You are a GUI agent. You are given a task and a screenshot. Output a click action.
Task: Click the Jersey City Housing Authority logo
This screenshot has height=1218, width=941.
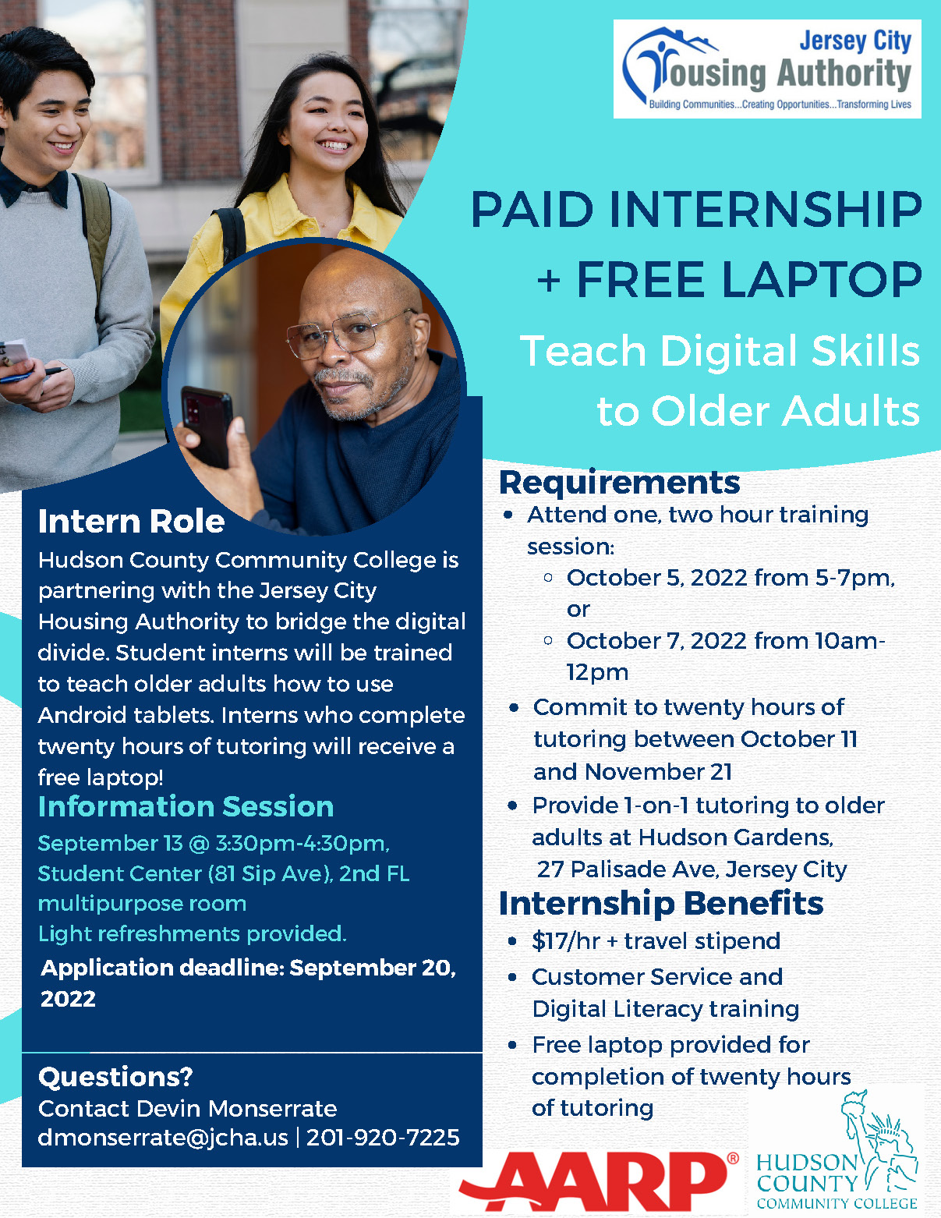coord(766,69)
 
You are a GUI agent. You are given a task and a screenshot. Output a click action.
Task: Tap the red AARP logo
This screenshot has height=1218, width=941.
coord(599,1181)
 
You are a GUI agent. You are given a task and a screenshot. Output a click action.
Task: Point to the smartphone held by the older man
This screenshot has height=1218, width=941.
coord(207,426)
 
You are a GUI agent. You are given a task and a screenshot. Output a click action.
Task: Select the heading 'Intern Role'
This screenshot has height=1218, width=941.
coord(131,522)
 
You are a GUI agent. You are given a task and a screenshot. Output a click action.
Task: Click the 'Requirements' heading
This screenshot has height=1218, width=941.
coord(619,482)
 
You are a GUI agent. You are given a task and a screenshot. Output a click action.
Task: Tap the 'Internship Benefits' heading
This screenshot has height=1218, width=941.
coord(661,903)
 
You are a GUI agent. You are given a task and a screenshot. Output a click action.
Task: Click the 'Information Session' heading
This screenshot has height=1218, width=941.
coord(186,806)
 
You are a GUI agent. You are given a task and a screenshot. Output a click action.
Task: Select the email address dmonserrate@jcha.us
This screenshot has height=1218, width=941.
coord(163,1137)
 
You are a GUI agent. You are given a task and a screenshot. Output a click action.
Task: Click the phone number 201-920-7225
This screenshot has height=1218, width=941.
coord(383,1137)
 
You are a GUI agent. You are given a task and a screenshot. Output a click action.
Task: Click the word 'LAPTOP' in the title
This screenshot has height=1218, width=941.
coord(748,279)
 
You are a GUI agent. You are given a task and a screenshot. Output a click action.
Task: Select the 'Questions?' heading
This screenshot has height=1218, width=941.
coord(115,1077)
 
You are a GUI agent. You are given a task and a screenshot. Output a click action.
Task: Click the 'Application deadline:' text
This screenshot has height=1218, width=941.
coord(162,968)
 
